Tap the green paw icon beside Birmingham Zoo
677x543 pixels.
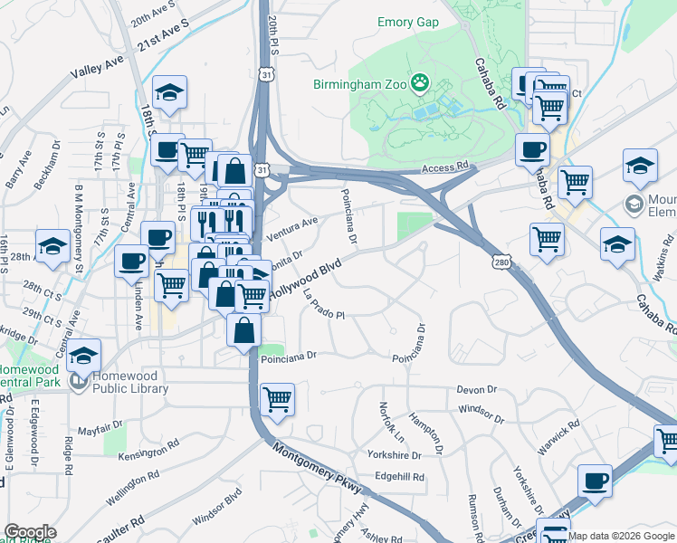pyautogui.click(x=419, y=85)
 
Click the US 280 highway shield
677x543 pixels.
pyautogui.click(x=501, y=262)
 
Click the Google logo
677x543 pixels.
pyautogui.click(x=30, y=533)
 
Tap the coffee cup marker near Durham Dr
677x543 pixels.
pyautogui.click(x=595, y=481)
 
